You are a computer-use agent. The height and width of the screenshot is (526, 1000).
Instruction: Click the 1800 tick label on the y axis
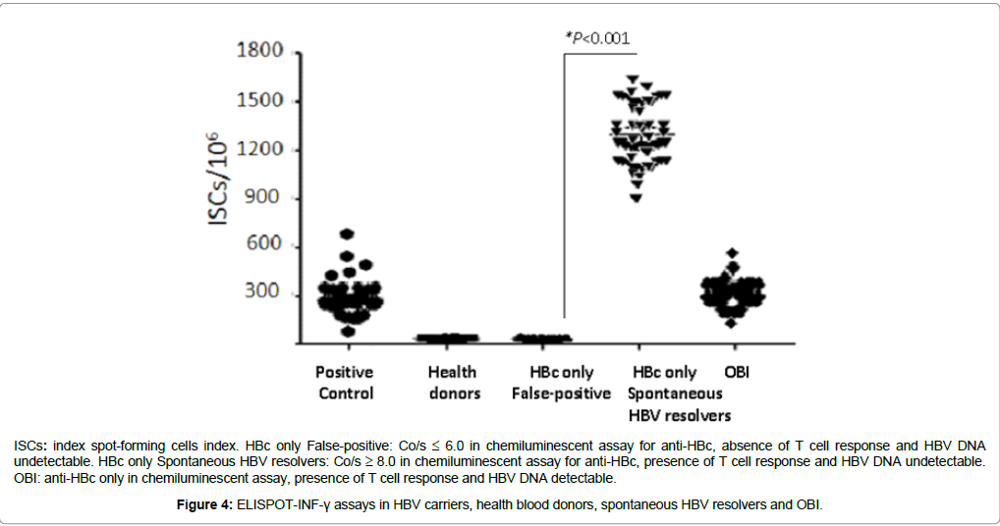pyautogui.click(x=260, y=51)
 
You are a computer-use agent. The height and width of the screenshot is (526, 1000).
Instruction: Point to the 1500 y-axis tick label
pyautogui.click(x=260, y=101)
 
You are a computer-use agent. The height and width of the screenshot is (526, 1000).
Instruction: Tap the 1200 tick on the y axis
pyautogui.click(x=260, y=149)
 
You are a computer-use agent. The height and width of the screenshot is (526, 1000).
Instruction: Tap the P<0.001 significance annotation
pyautogui.click(x=597, y=39)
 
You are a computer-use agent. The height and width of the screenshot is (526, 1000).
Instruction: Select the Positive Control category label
pyautogui.click(x=345, y=383)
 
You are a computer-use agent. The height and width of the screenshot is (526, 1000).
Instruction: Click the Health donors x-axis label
pyautogui.click(x=453, y=383)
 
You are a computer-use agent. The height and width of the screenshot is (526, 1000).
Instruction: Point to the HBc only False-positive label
pyautogui.click(x=560, y=383)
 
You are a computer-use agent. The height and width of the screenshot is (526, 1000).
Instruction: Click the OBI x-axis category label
pyautogui.click(x=738, y=372)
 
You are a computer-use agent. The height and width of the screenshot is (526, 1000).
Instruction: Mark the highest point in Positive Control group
pyautogui.click(x=347, y=234)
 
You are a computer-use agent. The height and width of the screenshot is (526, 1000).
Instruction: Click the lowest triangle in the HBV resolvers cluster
pyautogui.click(x=637, y=198)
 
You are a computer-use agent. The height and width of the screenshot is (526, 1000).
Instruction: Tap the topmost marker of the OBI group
pyautogui.click(x=731, y=253)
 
